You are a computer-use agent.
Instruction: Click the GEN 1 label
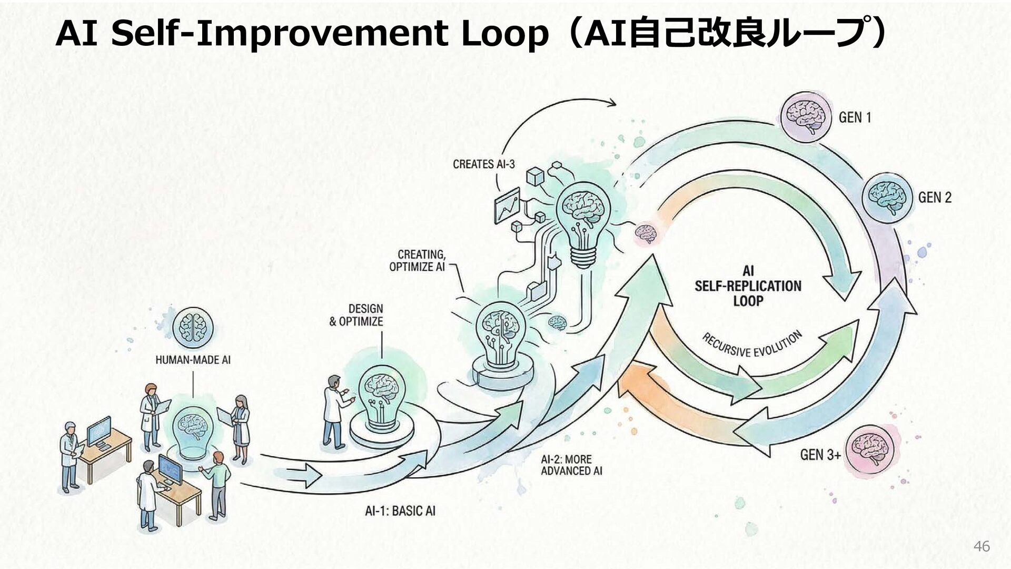click(854, 117)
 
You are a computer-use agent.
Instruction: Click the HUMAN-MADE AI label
click(193, 360)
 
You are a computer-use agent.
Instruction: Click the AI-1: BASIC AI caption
click(400, 510)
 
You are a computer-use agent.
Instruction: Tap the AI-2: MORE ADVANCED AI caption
click(571, 465)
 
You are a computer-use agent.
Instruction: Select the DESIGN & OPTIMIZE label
click(356, 315)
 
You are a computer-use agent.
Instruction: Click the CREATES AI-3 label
click(484, 164)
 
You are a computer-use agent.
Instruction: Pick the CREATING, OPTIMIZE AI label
click(417, 261)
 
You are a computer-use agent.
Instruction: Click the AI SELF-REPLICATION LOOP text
click(748, 286)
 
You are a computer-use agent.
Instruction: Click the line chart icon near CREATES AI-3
click(507, 208)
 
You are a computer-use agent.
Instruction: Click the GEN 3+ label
click(820, 454)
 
